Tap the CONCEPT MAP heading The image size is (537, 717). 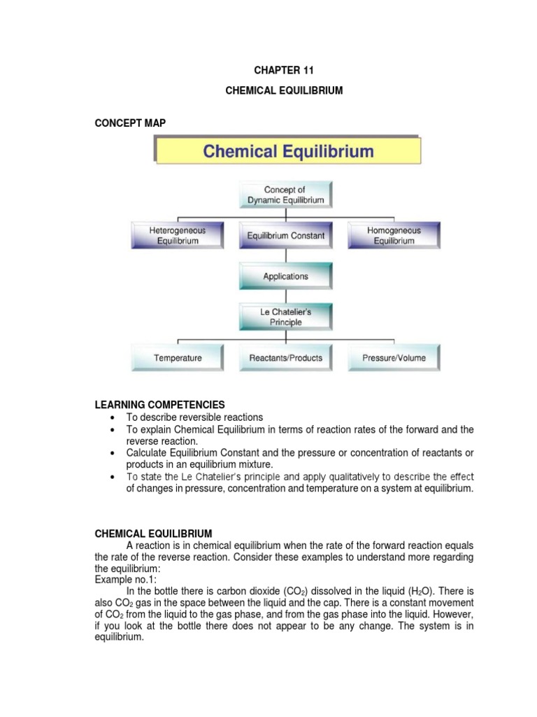coord(129,123)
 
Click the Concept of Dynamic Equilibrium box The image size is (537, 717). coord(285,195)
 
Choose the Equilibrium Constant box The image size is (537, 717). coord(285,236)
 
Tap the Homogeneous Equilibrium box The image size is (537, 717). coord(394,235)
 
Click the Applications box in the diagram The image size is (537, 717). coord(285,277)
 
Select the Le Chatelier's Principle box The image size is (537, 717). coord(285,317)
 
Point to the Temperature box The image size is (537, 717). coord(178,358)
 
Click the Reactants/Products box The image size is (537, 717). coord(285,358)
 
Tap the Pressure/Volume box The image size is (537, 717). coord(394,358)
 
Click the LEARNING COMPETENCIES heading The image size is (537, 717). coord(160,405)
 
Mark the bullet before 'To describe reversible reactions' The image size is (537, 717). coord(113,417)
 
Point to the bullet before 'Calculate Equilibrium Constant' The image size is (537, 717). coord(113,454)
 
